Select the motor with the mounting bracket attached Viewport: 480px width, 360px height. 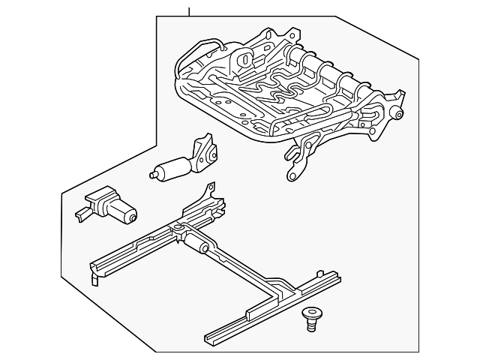(184, 163)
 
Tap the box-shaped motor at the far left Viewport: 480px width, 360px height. (107, 206)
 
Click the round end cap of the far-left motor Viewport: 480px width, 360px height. (131, 218)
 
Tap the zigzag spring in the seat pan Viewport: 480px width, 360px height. (264, 94)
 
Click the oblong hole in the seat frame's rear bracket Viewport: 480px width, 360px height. (244, 58)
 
